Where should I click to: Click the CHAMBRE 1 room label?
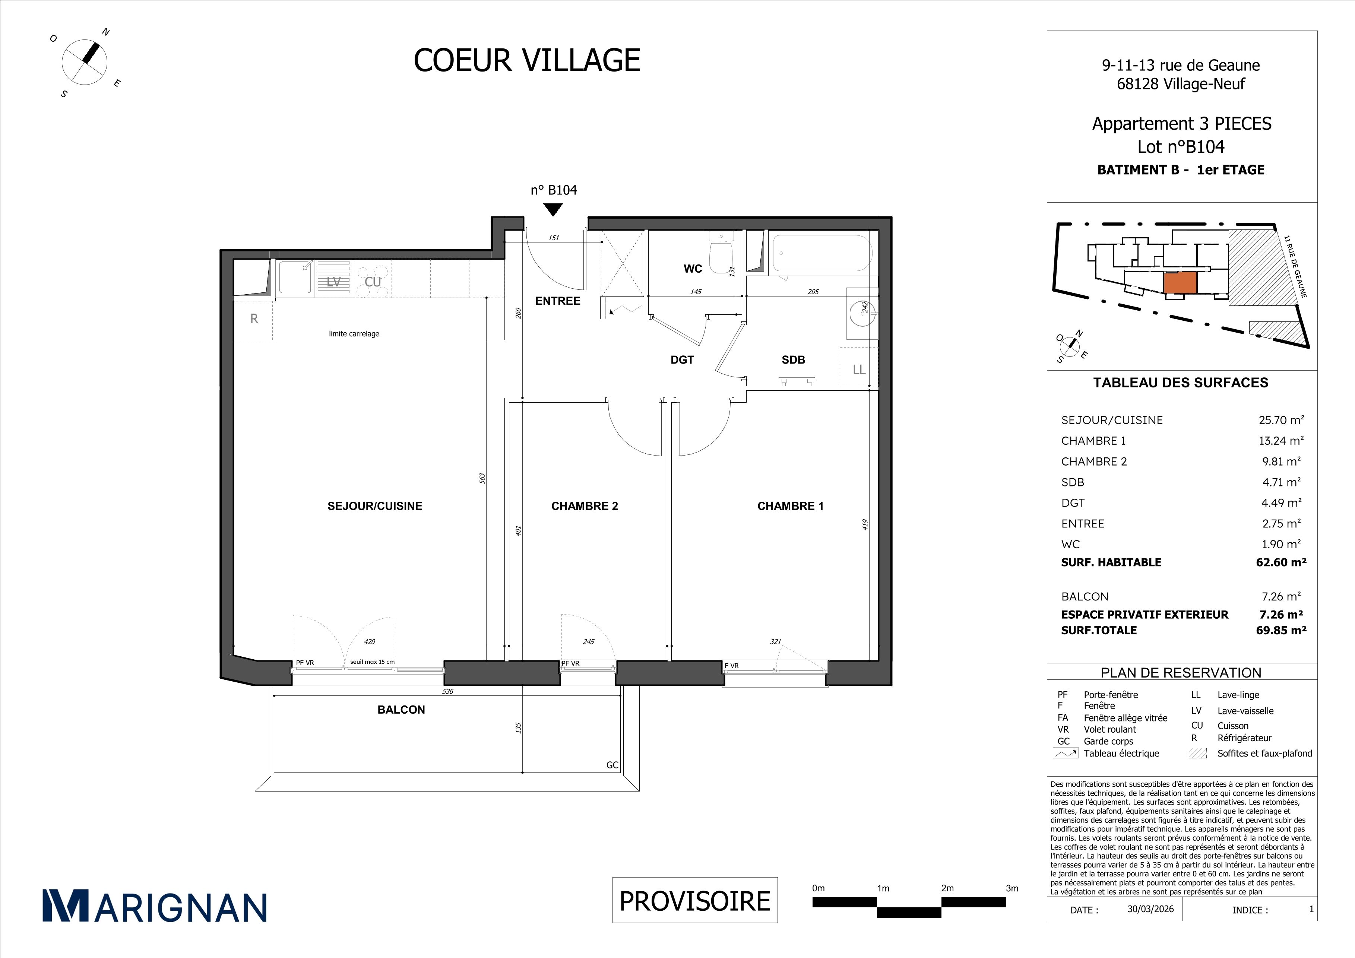pos(790,506)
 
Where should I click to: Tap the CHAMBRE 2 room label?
pos(584,506)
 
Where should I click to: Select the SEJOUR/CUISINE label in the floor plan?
pos(375,506)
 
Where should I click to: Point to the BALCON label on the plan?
pos(401,710)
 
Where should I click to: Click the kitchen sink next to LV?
pos(295,277)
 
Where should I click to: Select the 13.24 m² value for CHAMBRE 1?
pos(1280,441)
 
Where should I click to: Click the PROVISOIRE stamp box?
pos(694,900)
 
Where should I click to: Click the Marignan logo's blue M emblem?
pos(66,905)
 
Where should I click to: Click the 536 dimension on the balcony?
pos(447,691)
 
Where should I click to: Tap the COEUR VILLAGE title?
pos(527,60)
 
